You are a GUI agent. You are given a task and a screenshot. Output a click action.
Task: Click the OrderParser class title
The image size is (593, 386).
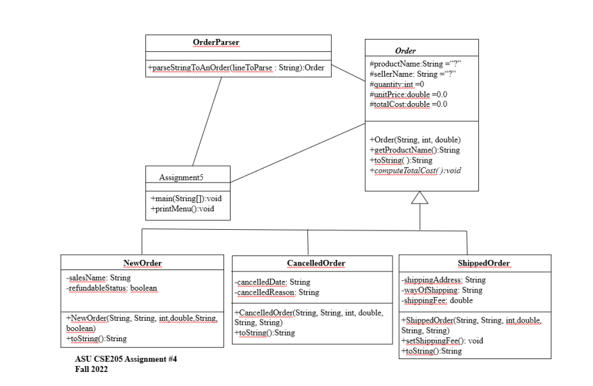pos(216,42)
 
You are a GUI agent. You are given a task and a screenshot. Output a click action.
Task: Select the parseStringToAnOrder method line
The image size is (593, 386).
pos(236,68)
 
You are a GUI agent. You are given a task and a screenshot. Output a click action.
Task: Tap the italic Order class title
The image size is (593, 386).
pos(405,51)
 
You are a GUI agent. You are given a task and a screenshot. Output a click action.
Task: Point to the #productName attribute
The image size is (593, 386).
pos(415,64)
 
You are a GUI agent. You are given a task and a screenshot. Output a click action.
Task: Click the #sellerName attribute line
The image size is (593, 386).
pos(412,74)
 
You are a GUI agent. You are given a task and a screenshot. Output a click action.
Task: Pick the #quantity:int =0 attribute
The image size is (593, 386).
pos(396,84)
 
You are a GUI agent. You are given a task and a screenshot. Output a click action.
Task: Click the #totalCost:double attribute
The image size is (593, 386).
pos(408,104)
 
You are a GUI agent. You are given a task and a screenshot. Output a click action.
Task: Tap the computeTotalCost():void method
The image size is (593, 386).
pos(415,170)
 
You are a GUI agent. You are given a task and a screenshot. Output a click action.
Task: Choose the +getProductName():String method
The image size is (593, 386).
pos(414,150)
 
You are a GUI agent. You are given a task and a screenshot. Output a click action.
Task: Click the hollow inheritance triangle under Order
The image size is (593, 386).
pos(420,197)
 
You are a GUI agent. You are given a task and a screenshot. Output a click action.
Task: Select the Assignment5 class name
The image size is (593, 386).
pos(181,177)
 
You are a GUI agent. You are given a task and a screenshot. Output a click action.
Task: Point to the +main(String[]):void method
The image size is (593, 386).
pos(186,198)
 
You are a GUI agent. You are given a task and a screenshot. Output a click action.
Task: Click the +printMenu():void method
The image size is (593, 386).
pos(183,209)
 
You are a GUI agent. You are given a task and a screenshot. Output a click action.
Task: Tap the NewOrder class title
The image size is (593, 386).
pos(143,263)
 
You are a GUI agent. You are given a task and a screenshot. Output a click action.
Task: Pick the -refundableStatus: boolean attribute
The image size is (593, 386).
pos(111,288)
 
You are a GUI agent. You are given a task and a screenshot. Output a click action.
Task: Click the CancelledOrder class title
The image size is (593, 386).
pos(316,263)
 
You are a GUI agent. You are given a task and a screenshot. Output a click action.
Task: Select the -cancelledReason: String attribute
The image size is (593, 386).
pos(277,293)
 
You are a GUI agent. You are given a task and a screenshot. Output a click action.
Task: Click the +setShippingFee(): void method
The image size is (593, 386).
pos(442,341)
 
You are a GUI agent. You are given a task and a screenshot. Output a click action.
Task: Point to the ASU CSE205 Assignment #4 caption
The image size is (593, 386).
pos(126,358)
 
